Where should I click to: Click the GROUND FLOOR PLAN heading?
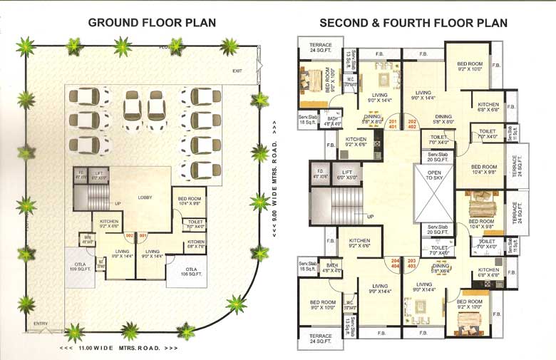pos(152,23)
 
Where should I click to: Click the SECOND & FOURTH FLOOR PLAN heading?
pos(413,23)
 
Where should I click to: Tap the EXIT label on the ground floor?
pos(237,71)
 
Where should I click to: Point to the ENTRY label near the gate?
pos(41,324)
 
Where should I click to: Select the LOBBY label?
pos(146,198)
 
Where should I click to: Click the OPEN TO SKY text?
pos(434,176)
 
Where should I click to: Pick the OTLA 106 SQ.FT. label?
pos(177,271)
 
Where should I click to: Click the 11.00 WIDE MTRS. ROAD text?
pos(118,349)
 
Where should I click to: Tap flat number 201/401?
pos(393,124)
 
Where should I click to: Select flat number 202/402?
pos(412,124)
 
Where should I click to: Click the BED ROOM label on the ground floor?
pos(189,200)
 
